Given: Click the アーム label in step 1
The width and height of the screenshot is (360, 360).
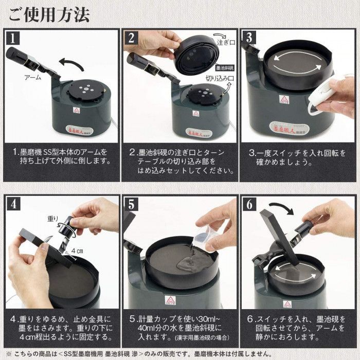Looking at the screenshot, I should pyautogui.click(x=33, y=77).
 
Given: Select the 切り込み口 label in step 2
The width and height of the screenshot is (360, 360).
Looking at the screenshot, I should pyautogui.click(x=220, y=78).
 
